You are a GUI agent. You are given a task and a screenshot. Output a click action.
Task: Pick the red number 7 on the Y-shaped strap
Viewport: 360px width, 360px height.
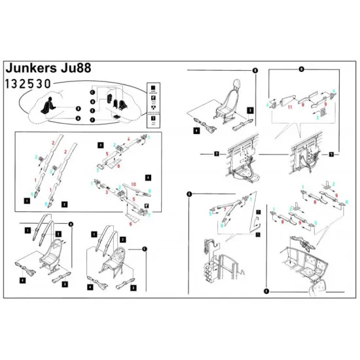[x=230, y=207]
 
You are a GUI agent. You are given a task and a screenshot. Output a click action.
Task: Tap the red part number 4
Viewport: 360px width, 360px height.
[x=128, y=139]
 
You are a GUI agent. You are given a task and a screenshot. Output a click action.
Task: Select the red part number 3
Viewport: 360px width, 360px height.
[x=107, y=194]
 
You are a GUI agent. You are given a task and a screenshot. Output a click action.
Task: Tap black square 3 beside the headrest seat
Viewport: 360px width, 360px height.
[x=250, y=111]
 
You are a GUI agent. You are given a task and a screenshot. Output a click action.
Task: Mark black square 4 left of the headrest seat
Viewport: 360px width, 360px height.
[x=196, y=131]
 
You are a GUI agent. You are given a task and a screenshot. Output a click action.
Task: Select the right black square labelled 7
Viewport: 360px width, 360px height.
[x=332, y=154]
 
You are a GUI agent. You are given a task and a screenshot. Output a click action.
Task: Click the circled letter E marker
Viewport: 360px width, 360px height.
[x=189, y=193]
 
